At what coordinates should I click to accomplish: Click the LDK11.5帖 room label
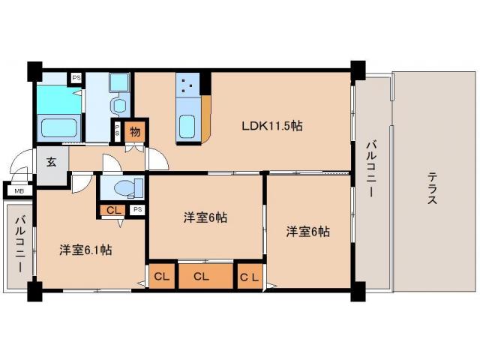(271, 126)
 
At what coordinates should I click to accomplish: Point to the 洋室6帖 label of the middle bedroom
(205, 218)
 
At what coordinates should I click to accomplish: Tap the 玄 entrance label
(51, 160)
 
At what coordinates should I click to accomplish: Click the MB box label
(18, 191)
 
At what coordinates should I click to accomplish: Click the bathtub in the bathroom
(60, 127)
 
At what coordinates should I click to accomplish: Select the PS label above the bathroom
(76, 76)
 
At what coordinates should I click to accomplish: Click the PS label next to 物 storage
(118, 130)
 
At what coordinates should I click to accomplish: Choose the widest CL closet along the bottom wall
(200, 277)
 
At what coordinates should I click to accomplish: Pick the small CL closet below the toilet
(112, 210)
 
